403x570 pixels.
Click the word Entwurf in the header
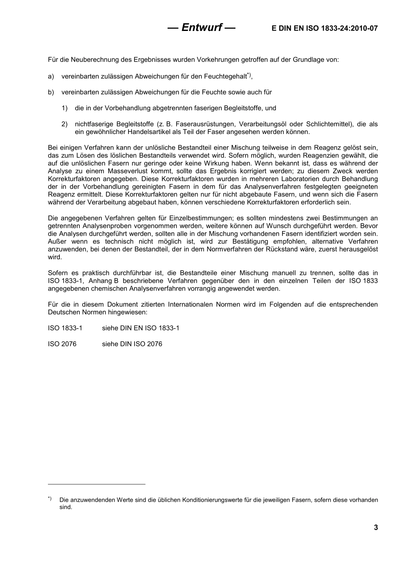201,28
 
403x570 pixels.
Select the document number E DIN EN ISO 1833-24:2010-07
325,28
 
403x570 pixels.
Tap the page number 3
375,527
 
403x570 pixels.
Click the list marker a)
51,76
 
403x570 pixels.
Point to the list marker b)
51,92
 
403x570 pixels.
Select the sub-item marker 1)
64,108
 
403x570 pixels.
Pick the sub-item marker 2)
64,124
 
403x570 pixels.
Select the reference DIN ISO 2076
141,344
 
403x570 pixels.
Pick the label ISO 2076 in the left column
62,344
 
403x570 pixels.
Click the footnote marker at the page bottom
50,498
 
